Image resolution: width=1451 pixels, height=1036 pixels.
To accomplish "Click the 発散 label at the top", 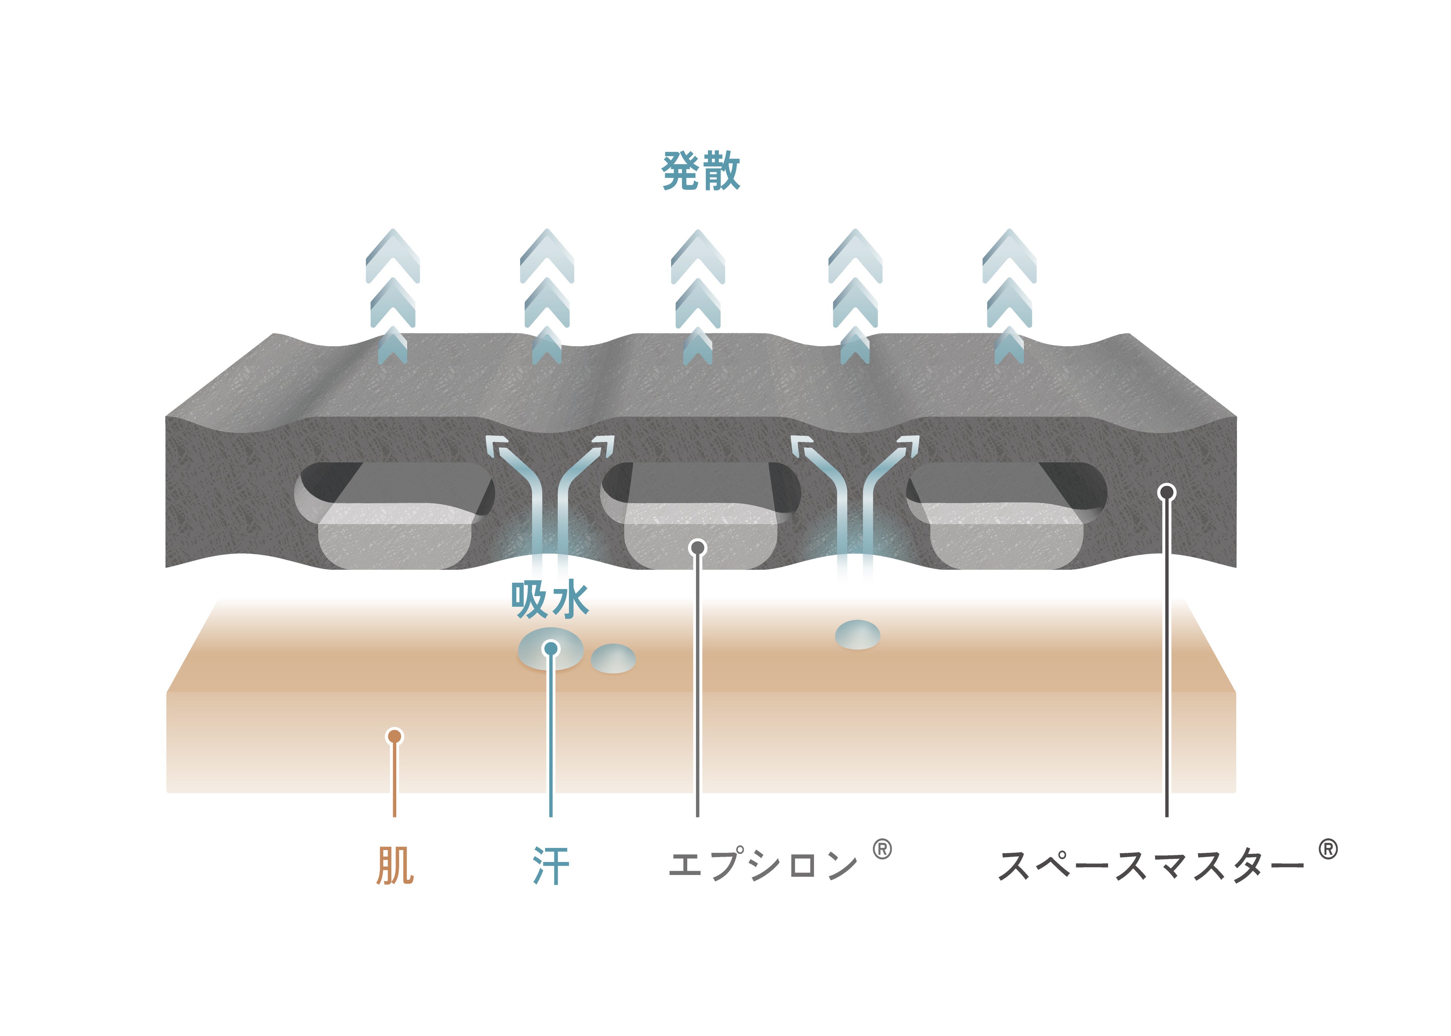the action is [x=701, y=171].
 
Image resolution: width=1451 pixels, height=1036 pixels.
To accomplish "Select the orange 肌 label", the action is [x=395, y=866].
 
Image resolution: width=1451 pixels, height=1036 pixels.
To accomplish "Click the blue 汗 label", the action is [x=551, y=866].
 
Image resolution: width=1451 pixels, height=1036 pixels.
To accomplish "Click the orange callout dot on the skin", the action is [x=395, y=737].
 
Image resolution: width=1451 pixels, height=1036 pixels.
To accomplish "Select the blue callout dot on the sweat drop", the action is [x=551, y=649].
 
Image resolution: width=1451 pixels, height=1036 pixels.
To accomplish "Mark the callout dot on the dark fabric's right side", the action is [x=1167, y=492].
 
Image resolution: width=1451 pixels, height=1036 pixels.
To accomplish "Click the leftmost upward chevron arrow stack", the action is [x=393, y=297].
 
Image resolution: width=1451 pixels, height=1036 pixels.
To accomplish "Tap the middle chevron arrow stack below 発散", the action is [x=698, y=297].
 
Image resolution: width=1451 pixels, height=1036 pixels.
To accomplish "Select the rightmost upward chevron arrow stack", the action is [x=1009, y=297].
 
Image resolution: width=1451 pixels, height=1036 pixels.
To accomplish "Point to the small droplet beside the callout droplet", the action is [x=613, y=658].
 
